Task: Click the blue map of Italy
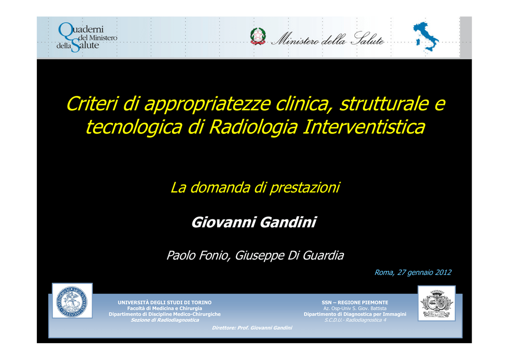point(425,37)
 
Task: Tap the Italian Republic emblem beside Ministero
point(258,36)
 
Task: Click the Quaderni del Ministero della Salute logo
point(86,37)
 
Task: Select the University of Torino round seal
point(72,301)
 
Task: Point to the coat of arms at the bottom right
point(436,303)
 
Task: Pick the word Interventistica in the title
point(364,127)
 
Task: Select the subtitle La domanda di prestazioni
point(255,187)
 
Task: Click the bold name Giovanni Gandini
point(254,222)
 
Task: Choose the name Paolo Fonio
point(198,256)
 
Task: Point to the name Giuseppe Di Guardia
point(289,256)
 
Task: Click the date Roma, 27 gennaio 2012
point(413,272)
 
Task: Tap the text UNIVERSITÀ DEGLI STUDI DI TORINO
point(165,302)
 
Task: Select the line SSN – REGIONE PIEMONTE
point(355,302)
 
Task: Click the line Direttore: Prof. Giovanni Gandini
point(252,328)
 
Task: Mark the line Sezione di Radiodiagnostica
point(165,320)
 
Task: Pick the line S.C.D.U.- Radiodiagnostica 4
point(355,320)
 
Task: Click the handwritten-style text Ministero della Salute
point(328,39)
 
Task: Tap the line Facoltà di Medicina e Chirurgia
point(165,308)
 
